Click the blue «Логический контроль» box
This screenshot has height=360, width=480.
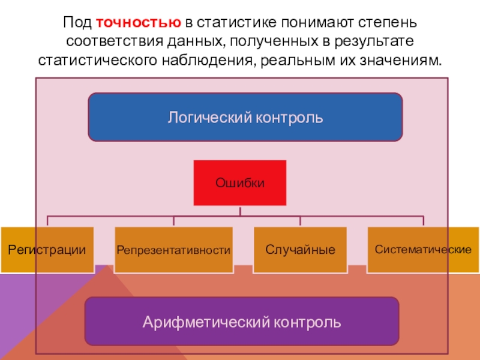[245, 117]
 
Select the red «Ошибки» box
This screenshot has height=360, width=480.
[240, 182]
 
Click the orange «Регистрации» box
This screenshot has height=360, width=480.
[47, 250]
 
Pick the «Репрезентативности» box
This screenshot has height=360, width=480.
[173, 250]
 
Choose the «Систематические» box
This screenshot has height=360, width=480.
[423, 248]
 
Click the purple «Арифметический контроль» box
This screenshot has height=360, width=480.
[242, 321]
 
